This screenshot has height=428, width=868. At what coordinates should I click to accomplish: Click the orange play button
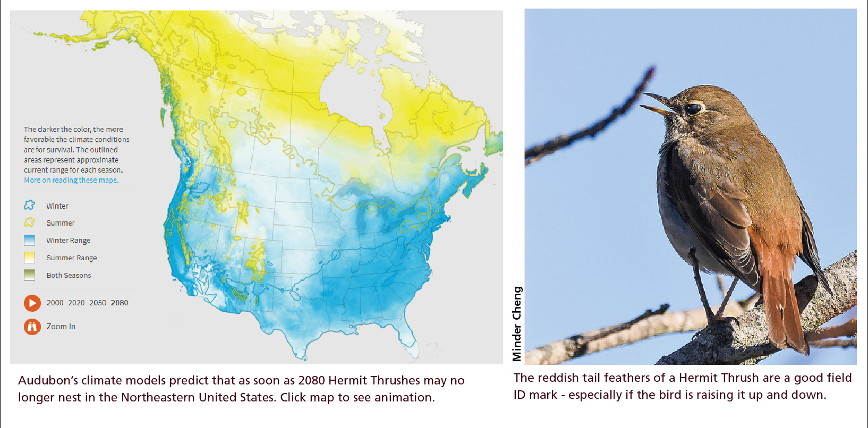pos(32,303)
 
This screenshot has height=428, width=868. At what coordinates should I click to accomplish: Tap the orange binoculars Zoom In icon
pos(32,327)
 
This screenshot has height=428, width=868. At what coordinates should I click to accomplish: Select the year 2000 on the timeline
pos(55,303)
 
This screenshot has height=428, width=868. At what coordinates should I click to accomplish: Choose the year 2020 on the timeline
pos(76,303)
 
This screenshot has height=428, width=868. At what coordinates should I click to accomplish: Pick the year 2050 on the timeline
pos(98,303)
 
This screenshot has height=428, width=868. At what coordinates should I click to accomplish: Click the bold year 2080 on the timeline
pos(120,303)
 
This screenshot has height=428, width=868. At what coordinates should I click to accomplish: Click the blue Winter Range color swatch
pos(30,240)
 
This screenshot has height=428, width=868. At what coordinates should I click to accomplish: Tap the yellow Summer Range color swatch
pos(30,258)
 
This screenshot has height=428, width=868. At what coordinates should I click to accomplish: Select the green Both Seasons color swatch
pos(30,275)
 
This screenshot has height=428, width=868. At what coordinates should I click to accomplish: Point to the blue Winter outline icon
pos(30,205)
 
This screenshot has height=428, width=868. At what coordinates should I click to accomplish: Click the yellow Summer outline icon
pos(30,222)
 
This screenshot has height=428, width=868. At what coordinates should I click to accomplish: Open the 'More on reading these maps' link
pos(71,180)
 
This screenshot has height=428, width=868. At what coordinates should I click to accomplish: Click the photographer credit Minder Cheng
pos(517,324)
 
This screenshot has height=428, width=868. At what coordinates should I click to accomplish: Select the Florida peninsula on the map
pos(409,340)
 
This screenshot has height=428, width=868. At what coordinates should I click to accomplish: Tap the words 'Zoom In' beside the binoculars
pos(61,327)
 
